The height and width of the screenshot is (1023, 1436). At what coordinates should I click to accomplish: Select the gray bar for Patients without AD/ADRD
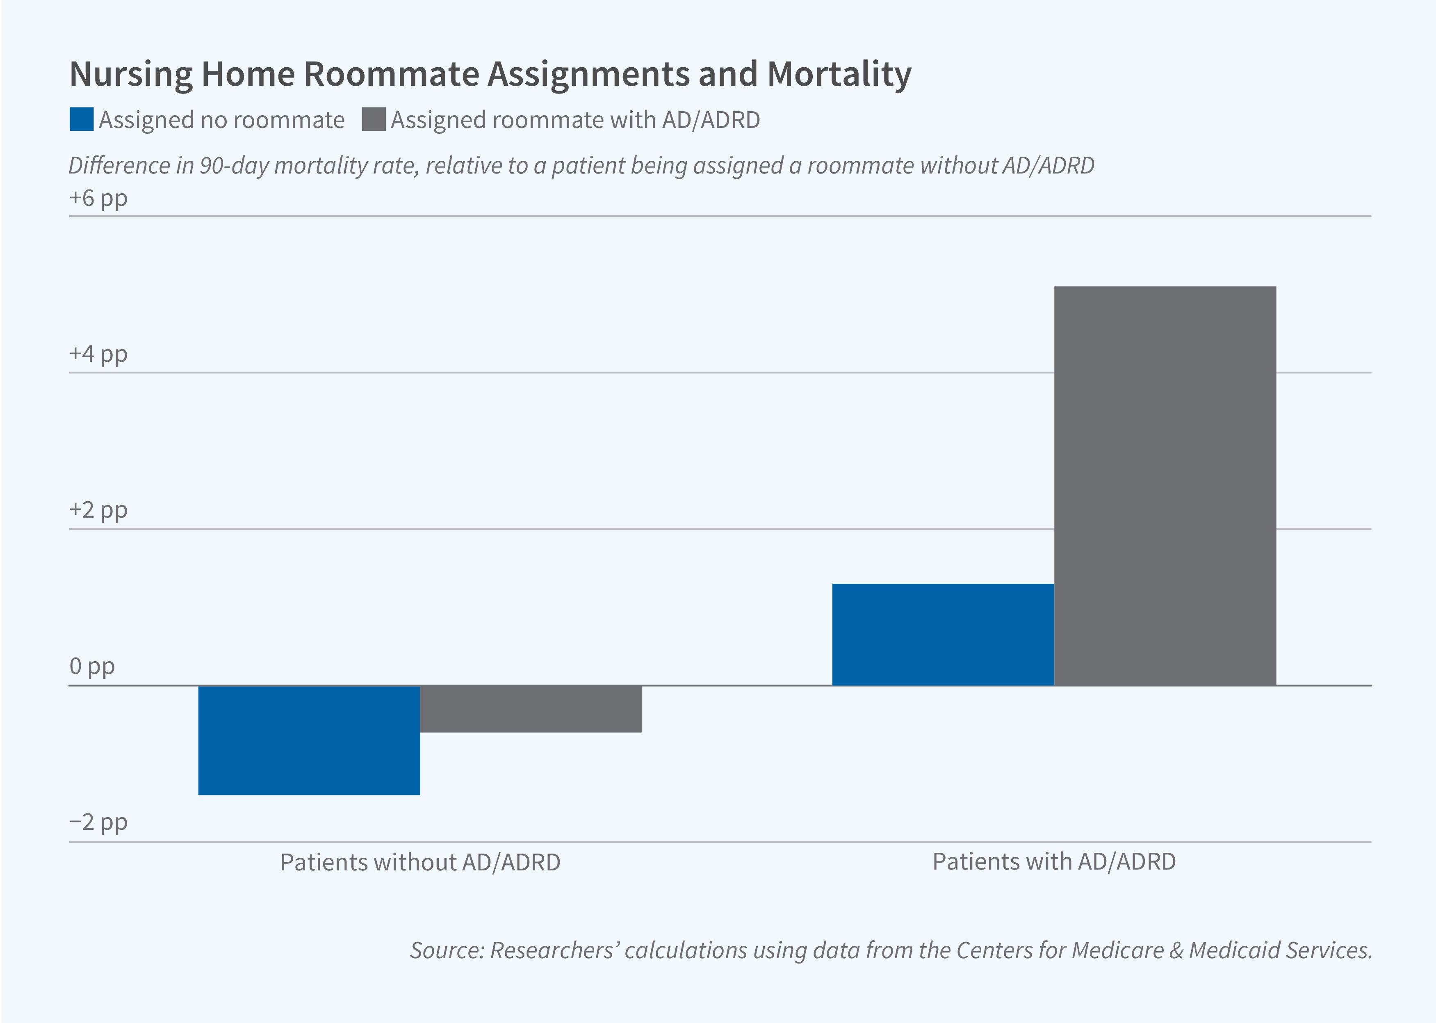531,709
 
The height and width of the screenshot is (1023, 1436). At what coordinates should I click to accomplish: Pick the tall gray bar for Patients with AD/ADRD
1165,485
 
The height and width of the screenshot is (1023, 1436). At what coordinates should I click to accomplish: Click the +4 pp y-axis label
98,354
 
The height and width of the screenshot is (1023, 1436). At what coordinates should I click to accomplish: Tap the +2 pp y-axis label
98,509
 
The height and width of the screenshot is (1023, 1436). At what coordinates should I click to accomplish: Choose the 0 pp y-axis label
92,666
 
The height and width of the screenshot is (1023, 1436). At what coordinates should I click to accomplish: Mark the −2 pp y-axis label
98,822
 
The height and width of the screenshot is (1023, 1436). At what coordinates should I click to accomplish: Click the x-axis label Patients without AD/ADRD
420,862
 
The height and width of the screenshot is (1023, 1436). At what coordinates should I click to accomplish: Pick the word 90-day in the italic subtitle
234,166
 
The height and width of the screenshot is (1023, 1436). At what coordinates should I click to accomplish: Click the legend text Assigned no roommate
221,120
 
